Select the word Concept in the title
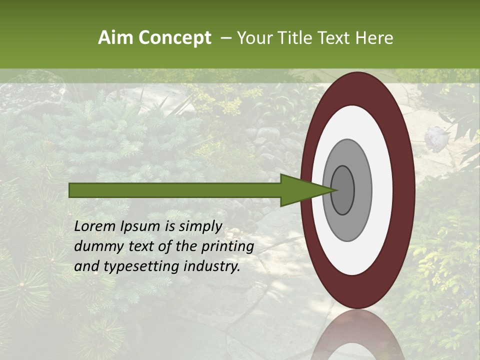174,38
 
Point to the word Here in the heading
374,38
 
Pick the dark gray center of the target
342,190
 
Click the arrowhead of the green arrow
305,190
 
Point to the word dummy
96,246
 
